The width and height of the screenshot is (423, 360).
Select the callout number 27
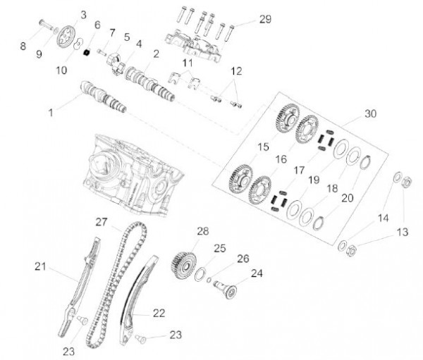click(103, 221)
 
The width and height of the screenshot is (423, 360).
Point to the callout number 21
click(40, 266)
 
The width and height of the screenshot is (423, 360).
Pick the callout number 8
click(23, 46)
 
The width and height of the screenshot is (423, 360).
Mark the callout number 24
click(256, 273)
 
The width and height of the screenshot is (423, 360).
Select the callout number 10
click(61, 70)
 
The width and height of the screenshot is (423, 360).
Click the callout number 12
click(236, 72)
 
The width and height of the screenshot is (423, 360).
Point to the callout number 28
click(203, 231)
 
